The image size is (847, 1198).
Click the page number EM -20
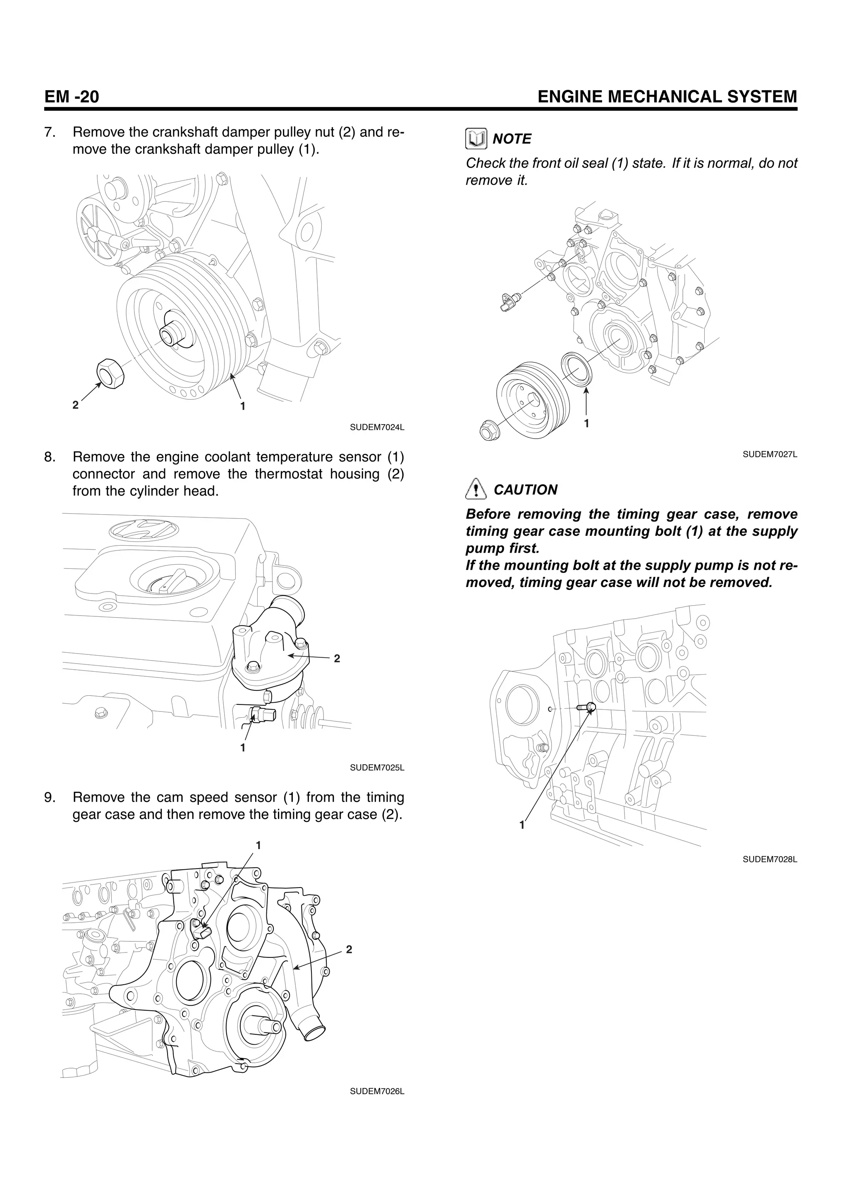tap(72, 97)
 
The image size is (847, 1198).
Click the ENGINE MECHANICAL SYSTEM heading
tap(667, 97)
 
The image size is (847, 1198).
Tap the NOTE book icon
tap(476, 139)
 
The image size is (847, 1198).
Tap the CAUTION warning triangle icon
tap(476, 490)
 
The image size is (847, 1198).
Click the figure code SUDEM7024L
tap(377, 427)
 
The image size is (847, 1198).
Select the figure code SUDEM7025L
tap(377, 768)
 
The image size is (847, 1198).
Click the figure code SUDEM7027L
tap(770, 454)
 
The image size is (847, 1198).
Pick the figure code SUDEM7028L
tap(770, 859)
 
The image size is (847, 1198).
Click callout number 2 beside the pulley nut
tap(76, 404)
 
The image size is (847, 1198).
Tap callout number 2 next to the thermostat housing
tap(337, 659)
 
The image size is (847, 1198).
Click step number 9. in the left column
tap(50, 797)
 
